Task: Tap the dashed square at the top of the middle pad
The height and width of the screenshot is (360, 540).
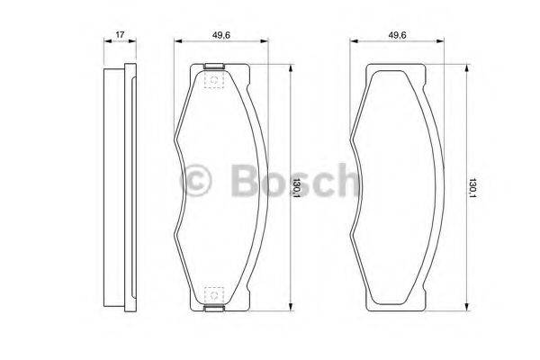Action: point(214,81)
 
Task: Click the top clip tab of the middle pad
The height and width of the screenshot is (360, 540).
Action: point(214,66)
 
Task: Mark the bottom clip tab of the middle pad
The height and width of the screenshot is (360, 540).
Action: point(214,310)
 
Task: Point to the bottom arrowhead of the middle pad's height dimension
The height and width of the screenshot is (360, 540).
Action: point(291,310)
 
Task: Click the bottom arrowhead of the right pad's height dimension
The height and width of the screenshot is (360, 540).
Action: point(465,310)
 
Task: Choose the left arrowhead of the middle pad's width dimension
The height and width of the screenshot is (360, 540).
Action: point(178,41)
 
